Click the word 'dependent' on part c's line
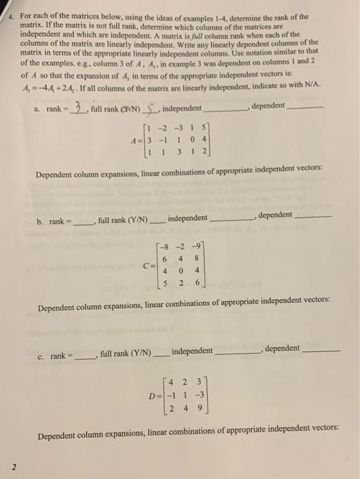click(282, 349)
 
